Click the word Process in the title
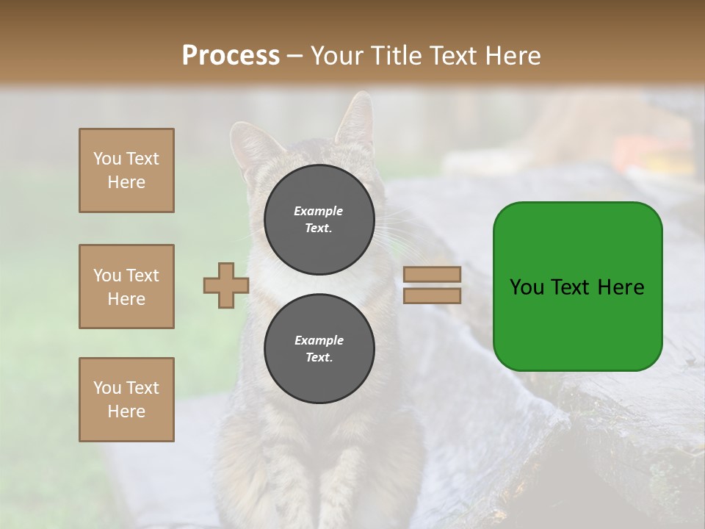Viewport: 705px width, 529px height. [x=231, y=56]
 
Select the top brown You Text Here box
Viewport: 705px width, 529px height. [x=126, y=170]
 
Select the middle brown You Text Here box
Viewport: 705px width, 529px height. [x=126, y=287]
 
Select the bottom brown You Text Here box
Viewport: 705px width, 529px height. [x=126, y=400]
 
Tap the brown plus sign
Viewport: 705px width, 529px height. [x=226, y=286]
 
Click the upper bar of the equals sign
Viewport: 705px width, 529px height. [x=432, y=275]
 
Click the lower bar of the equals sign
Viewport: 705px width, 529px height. [x=432, y=296]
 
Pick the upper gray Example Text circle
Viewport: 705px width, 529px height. [x=319, y=220]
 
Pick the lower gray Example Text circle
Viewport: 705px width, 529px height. [x=319, y=349]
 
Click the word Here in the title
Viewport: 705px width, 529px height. [x=512, y=56]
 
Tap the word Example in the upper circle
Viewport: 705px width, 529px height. [x=319, y=211]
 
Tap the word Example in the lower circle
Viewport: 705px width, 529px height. [x=319, y=340]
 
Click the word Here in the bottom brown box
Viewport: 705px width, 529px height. [x=126, y=411]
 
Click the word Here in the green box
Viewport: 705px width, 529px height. [x=621, y=287]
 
